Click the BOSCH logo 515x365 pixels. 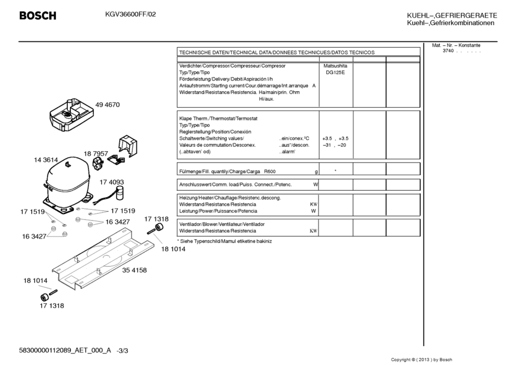point(38,16)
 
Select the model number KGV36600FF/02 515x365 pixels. point(127,15)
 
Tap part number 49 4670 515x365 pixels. point(108,105)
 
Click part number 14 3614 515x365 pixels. point(46,160)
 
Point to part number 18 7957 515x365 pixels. point(96,153)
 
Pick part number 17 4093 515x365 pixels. point(112,182)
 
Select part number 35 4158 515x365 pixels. point(134,270)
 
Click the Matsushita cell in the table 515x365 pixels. point(335,66)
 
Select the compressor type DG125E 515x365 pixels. point(335,72)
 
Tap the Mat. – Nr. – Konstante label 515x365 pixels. point(456,45)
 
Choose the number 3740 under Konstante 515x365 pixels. point(448,51)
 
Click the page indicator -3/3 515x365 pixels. point(125,350)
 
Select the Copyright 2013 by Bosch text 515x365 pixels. point(421,359)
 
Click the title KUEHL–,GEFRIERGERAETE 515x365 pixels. point(452,16)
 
